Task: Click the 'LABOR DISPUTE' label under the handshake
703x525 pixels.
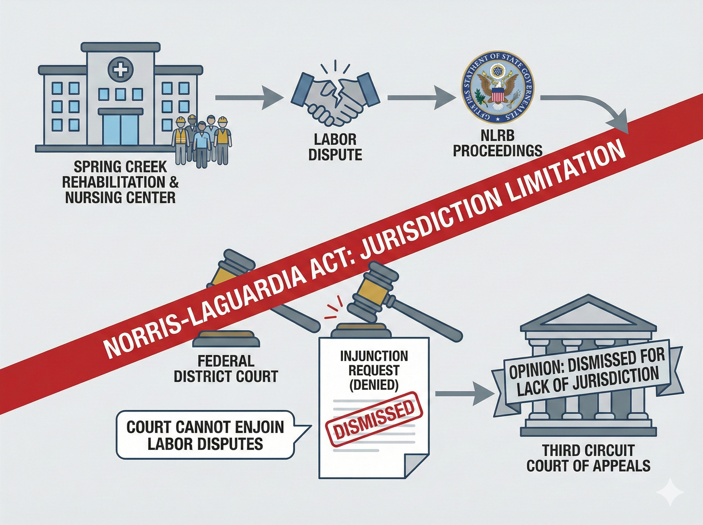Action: click(335, 147)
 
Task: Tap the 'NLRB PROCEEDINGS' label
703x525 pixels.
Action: click(497, 143)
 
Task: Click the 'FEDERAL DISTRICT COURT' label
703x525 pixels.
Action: click(226, 369)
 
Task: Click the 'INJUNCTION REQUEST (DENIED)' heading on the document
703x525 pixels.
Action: click(374, 370)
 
